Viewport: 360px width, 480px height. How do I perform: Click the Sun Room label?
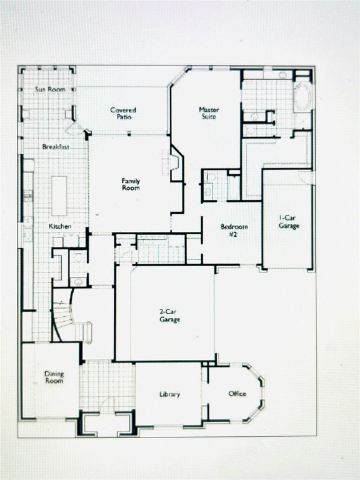(49, 90)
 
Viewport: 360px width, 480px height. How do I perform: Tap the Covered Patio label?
(123, 113)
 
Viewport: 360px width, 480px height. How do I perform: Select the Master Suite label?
(209, 113)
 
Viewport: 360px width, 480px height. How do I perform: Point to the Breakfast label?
(56, 147)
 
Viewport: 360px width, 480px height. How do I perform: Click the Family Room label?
(131, 184)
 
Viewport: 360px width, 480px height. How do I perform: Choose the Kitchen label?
(60, 226)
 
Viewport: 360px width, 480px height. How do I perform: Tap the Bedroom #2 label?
(234, 230)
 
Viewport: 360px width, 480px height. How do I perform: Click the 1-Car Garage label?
(289, 222)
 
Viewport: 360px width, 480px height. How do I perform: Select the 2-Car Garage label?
(169, 316)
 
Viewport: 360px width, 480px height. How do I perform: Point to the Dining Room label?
(54, 377)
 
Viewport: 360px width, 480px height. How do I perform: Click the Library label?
(169, 394)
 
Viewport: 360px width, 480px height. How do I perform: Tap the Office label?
(237, 394)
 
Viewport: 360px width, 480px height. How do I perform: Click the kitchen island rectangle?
(59, 195)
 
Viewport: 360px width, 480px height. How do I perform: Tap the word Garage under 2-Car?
(169, 320)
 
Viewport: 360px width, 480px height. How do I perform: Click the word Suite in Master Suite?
(209, 117)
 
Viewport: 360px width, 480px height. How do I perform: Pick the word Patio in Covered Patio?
(123, 117)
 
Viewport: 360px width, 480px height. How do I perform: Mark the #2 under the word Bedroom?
(234, 234)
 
